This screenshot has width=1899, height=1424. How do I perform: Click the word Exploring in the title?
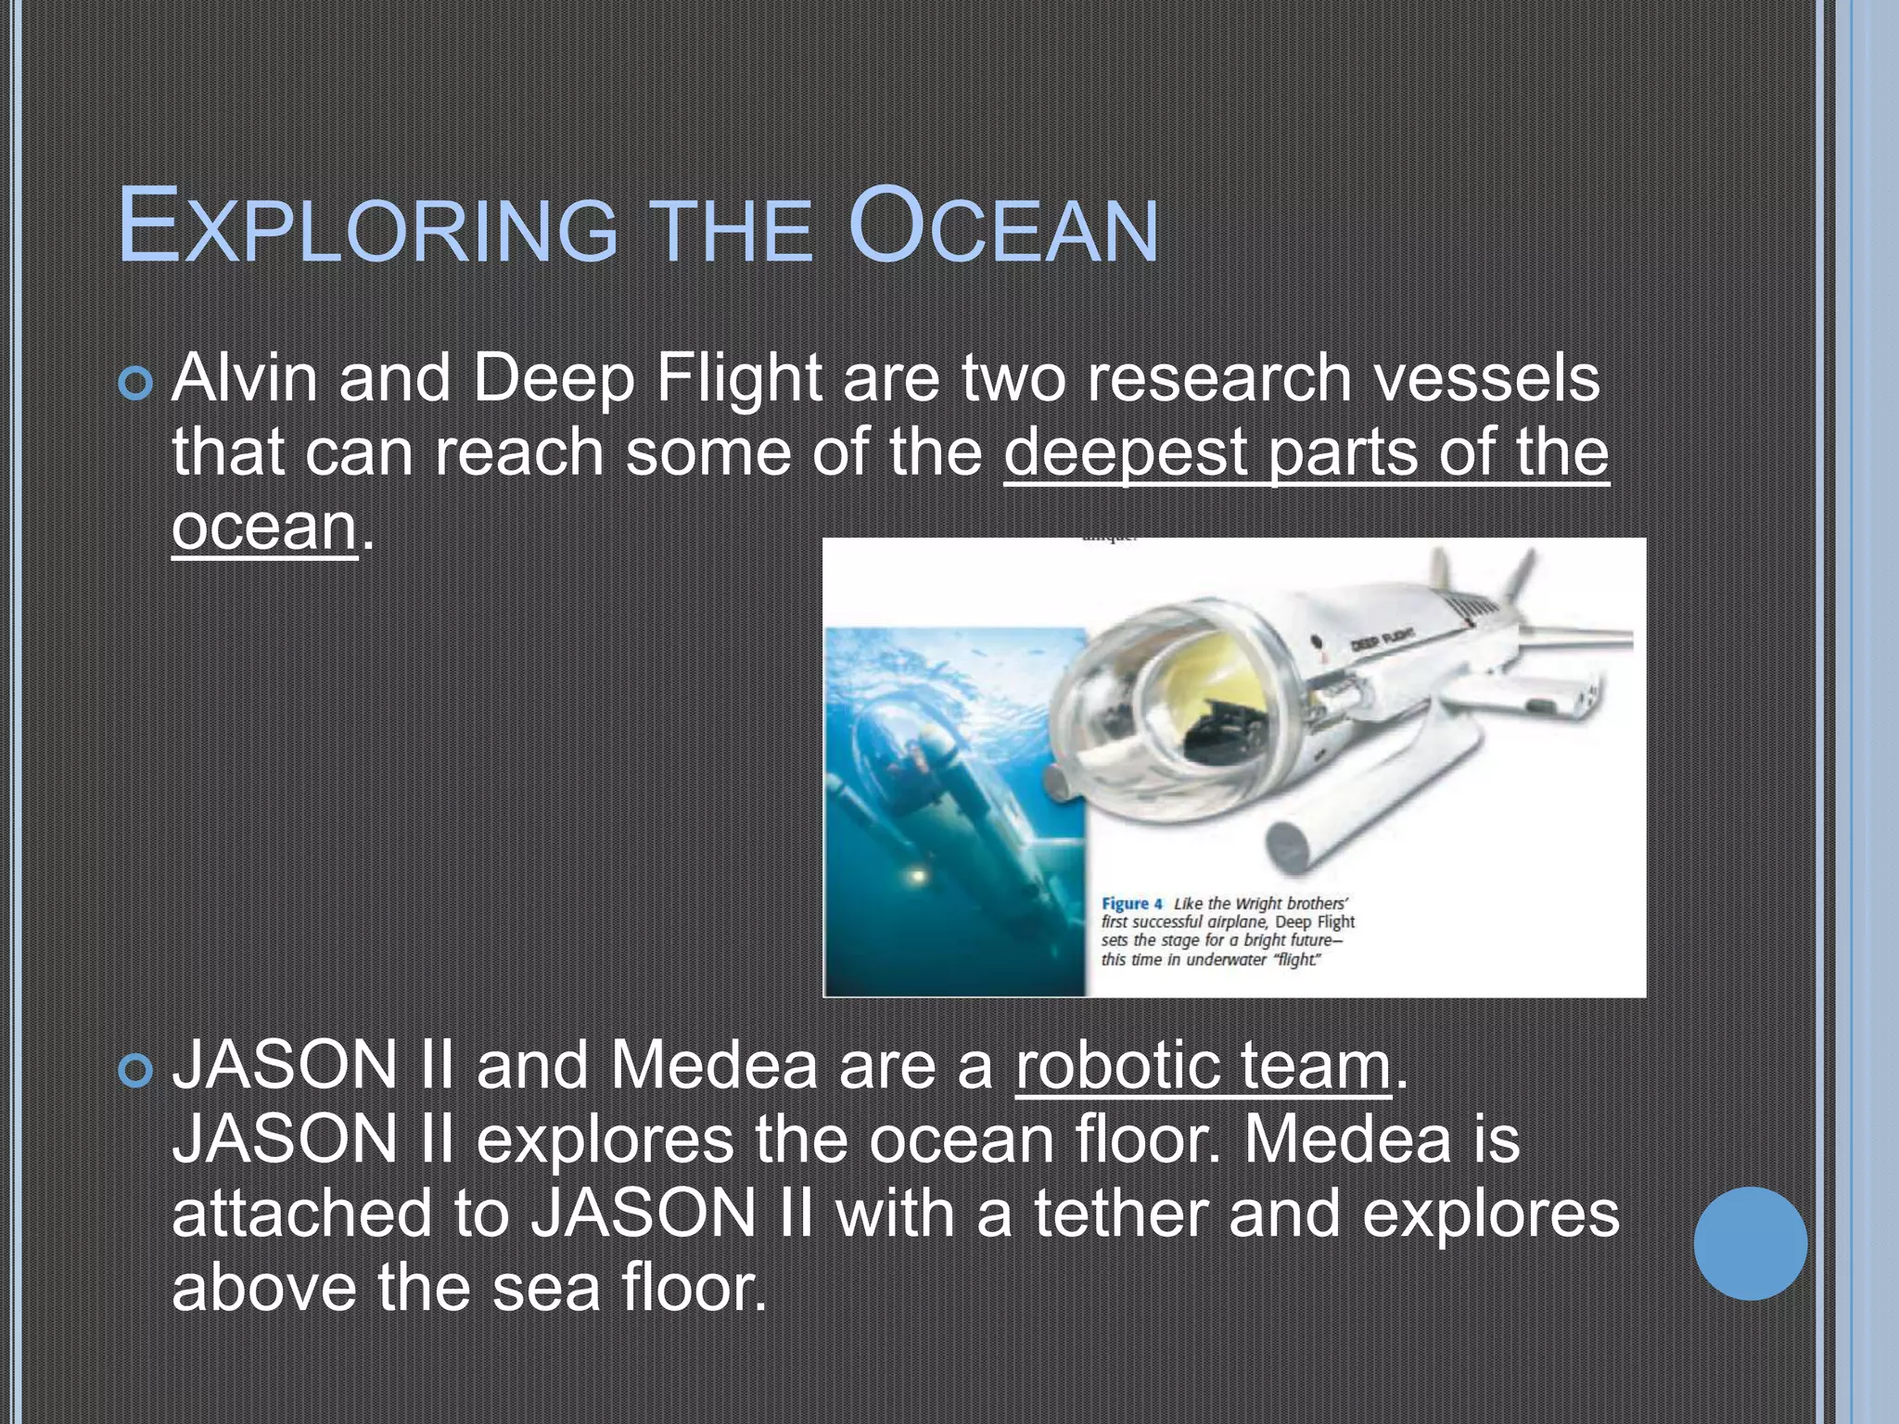[x=367, y=226]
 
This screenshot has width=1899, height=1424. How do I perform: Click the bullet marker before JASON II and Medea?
[x=135, y=1072]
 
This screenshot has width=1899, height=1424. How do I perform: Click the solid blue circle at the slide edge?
[x=1750, y=1243]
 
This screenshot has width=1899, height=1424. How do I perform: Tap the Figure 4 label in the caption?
[x=1131, y=903]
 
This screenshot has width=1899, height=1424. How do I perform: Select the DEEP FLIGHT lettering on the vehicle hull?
[x=1381, y=639]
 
